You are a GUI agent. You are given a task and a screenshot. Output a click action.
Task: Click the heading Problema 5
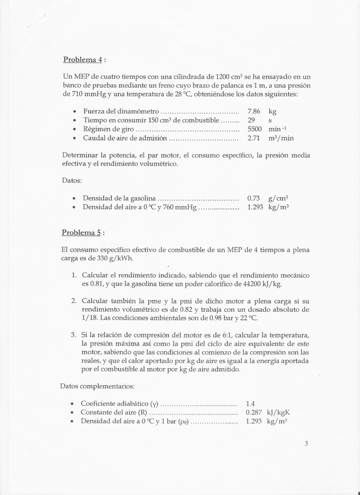82,232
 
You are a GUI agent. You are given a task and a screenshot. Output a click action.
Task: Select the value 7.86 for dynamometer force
254,111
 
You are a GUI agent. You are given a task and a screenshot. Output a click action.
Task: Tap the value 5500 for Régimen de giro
255,129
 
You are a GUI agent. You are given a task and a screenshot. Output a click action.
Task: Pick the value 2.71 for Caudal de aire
254,138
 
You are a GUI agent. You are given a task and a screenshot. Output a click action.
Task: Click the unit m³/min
281,138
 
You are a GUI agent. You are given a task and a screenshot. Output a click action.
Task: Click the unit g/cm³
279,198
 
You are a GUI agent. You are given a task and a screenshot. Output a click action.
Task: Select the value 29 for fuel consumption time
251,120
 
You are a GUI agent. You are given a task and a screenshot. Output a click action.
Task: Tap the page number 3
306,443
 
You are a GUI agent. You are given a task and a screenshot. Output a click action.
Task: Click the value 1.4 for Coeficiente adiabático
251,403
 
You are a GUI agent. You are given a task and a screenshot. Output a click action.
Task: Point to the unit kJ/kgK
279,412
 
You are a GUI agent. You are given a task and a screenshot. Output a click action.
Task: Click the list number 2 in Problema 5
74,300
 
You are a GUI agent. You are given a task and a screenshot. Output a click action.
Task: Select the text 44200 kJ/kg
257,284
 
